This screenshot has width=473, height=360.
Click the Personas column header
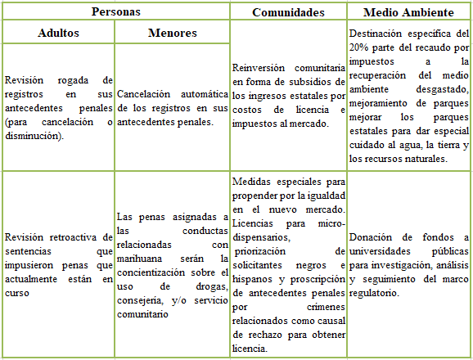pos(115,12)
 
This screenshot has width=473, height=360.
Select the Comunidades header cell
pos(288,12)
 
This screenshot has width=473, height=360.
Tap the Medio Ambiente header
pos(408,12)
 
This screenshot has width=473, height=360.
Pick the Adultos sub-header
pos(58,34)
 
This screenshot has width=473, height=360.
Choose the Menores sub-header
pos(172,34)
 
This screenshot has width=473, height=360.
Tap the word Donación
pos(372,237)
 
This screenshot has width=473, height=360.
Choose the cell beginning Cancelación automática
pos(172,108)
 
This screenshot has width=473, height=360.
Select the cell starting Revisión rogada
pos(58,108)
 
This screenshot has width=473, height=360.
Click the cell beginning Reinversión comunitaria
pos(288,97)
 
